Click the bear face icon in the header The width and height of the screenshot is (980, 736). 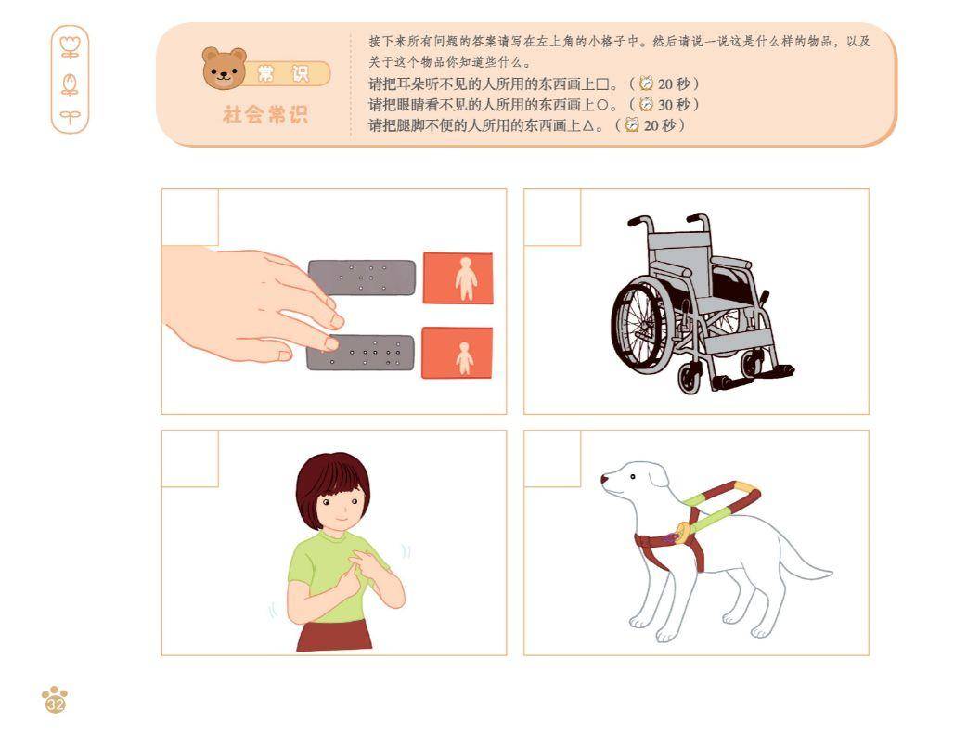click(x=224, y=68)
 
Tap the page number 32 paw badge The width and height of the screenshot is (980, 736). click(x=55, y=701)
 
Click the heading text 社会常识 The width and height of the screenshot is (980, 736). click(x=265, y=115)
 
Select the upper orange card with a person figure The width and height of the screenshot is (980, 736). click(x=458, y=278)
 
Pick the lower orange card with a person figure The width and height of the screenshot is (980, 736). click(x=457, y=353)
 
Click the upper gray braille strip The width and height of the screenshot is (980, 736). click(x=363, y=277)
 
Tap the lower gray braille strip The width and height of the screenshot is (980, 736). click(x=361, y=353)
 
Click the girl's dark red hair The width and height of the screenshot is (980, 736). click(x=332, y=484)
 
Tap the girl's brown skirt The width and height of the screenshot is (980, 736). click(x=334, y=636)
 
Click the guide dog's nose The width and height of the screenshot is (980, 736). click(x=604, y=480)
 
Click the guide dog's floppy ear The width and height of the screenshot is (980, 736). click(x=657, y=476)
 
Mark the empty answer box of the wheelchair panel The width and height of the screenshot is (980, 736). click(x=552, y=217)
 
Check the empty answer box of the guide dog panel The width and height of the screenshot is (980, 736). click(x=552, y=458)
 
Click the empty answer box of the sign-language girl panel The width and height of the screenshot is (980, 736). click(x=190, y=458)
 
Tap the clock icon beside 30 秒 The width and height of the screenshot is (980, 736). click(x=646, y=104)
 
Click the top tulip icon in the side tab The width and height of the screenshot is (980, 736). click(x=70, y=46)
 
